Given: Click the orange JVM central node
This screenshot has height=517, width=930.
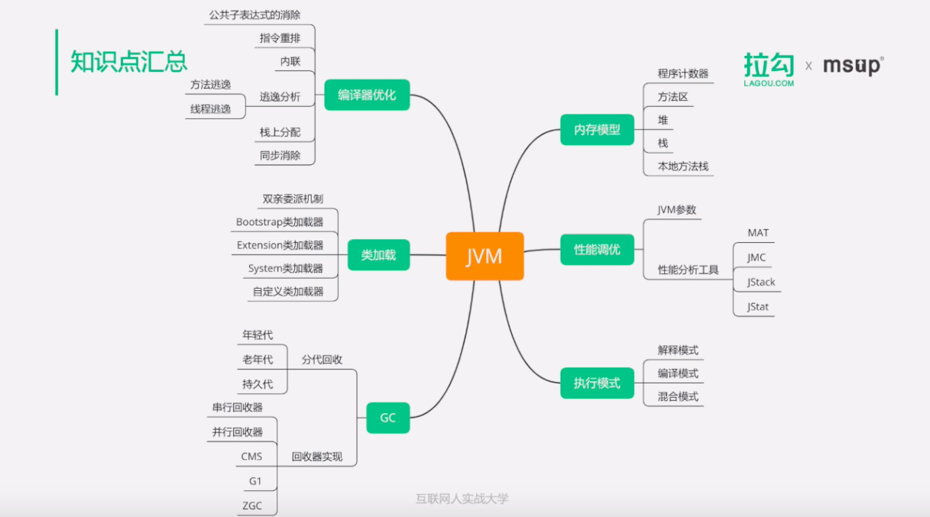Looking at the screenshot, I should pos(484,256).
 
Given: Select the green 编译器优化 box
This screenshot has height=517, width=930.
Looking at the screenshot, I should pos(367,95).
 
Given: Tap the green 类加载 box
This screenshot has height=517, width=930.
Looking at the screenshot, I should pos(378,255).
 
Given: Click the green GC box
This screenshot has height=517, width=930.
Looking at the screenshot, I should pos(387,418).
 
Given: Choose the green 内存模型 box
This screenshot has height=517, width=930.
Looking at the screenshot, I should pos(597,130).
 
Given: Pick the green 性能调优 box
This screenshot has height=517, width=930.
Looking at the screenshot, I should pos(597,249).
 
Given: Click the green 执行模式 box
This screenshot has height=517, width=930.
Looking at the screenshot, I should pos(597,383).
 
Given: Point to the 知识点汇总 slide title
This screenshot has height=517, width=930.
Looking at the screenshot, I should pos(128,61).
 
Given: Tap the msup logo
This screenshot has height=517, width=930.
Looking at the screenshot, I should pos(853,66).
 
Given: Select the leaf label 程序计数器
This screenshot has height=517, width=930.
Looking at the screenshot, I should pos(683,74).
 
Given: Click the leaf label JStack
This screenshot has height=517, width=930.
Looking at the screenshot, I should pos(761,282).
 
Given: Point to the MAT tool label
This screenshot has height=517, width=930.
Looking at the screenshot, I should pos(758,232).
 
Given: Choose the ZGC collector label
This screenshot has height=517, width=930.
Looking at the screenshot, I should pos(252,506).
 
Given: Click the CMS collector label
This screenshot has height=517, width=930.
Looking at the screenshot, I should pos(251,457).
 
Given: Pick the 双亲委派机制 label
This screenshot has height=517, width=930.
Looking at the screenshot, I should pos(293,199).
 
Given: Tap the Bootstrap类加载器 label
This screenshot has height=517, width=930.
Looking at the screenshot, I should pos(280,222).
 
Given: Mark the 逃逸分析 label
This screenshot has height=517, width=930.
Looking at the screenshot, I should pos(280,97).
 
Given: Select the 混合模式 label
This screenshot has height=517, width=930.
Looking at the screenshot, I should pos(678,396).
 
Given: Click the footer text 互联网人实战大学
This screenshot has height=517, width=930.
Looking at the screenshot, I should pos(462,499).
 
